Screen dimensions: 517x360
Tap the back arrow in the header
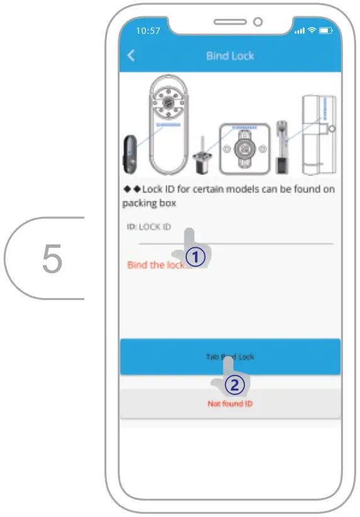[x=131, y=56]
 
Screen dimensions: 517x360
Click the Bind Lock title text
[x=230, y=56]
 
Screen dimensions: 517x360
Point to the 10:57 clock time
[x=148, y=30]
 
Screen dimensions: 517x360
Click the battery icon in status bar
[x=325, y=30]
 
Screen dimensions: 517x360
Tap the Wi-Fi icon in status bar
[x=312, y=30]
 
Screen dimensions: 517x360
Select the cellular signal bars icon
[x=299, y=30]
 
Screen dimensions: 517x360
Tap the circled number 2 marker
[x=232, y=384]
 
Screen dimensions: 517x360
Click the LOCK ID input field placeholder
[x=154, y=227]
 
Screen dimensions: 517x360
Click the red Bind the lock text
[x=155, y=265]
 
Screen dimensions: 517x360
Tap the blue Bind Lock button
[x=230, y=357]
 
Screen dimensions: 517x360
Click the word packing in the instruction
[x=142, y=204]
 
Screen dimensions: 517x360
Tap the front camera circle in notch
[x=257, y=22]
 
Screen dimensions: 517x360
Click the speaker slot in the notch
[x=230, y=22]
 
